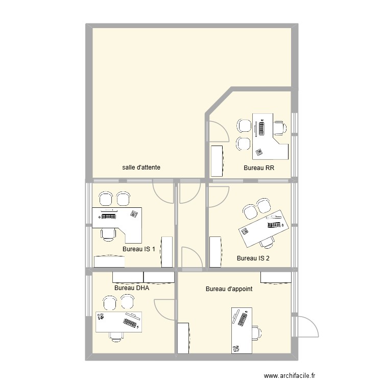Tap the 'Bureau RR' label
click(x=259, y=168)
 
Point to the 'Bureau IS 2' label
click(x=253, y=258)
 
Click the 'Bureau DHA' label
click(x=132, y=288)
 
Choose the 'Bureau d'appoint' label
click(x=229, y=289)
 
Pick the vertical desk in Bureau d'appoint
click(x=242, y=330)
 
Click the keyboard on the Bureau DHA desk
click(x=129, y=323)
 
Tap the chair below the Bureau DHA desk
click(x=115, y=336)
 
